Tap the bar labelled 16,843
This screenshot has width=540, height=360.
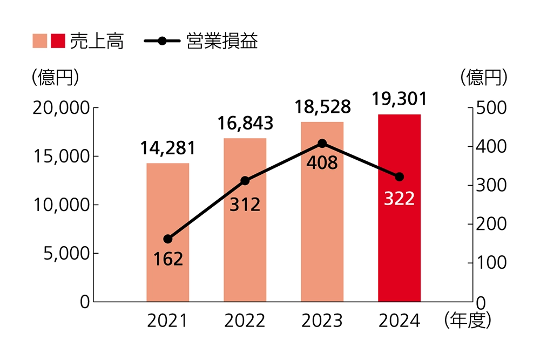point(245,243)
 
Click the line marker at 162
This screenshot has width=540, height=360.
point(168,239)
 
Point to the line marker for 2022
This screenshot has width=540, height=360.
point(245,181)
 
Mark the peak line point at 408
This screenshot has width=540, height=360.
point(322,143)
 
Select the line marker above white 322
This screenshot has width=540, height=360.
point(400,177)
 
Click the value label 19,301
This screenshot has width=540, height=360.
point(400,99)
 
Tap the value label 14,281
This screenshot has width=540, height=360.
point(168,147)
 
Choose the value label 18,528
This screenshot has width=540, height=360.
point(322,106)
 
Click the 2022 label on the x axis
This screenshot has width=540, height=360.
point(245,321)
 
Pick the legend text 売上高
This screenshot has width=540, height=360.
point(97,42)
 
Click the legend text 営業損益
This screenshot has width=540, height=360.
point(222,42)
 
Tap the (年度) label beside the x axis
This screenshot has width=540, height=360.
point(467,321)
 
